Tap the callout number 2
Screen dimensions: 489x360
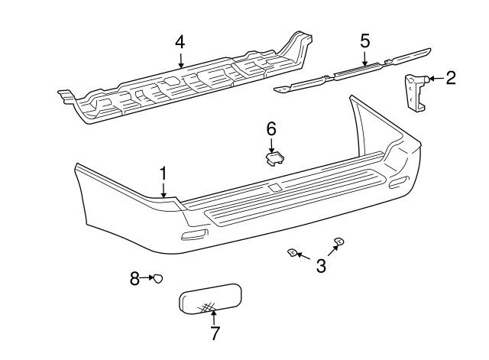pos(451,78)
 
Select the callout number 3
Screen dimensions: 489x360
pos(321,266)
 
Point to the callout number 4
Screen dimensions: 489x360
pos(180,42)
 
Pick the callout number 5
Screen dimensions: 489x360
pos(365,41)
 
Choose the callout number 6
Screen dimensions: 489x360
pos(271,129)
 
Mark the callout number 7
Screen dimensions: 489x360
pos(215,333)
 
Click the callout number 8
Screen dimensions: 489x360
pos(134,278)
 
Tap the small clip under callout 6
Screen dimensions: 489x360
pos(275,159)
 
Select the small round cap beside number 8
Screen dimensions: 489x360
pos(158,278)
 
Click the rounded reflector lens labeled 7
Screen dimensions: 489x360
pos(210,298)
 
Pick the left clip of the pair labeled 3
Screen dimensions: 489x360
pos(293,252)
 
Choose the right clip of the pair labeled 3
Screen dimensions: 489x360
pos(339,241)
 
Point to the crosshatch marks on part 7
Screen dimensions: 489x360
pos(207,307)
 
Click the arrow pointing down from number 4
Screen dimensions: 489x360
pos(181,60)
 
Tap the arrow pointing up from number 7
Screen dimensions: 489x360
pos(214,317)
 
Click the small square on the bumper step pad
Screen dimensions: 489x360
pos(274,188)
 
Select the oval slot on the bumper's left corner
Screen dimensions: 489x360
pos(194,235)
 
